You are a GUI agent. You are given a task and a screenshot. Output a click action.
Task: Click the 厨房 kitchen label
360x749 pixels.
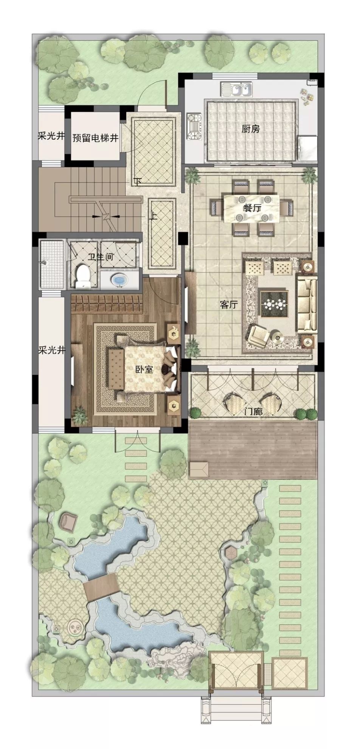251,129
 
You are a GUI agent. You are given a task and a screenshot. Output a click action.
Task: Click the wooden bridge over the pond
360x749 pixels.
101,586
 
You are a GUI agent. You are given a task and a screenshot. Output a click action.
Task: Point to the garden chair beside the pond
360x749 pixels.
69,521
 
